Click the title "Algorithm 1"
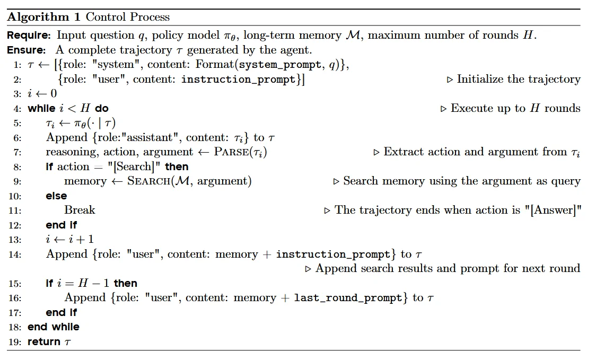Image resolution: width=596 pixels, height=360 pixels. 44,16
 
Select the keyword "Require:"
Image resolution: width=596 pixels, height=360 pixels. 29,36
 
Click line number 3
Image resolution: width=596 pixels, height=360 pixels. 17,94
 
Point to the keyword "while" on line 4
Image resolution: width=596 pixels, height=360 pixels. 41,109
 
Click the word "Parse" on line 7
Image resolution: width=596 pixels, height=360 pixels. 232,152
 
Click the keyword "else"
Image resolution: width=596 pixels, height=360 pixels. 56,196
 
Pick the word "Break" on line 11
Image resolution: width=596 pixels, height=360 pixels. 80,210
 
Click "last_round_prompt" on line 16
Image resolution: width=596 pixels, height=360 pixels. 348,298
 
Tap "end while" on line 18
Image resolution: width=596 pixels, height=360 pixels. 54,327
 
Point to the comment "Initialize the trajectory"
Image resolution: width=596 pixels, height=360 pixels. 519,80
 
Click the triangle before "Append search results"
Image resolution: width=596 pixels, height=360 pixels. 309,269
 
